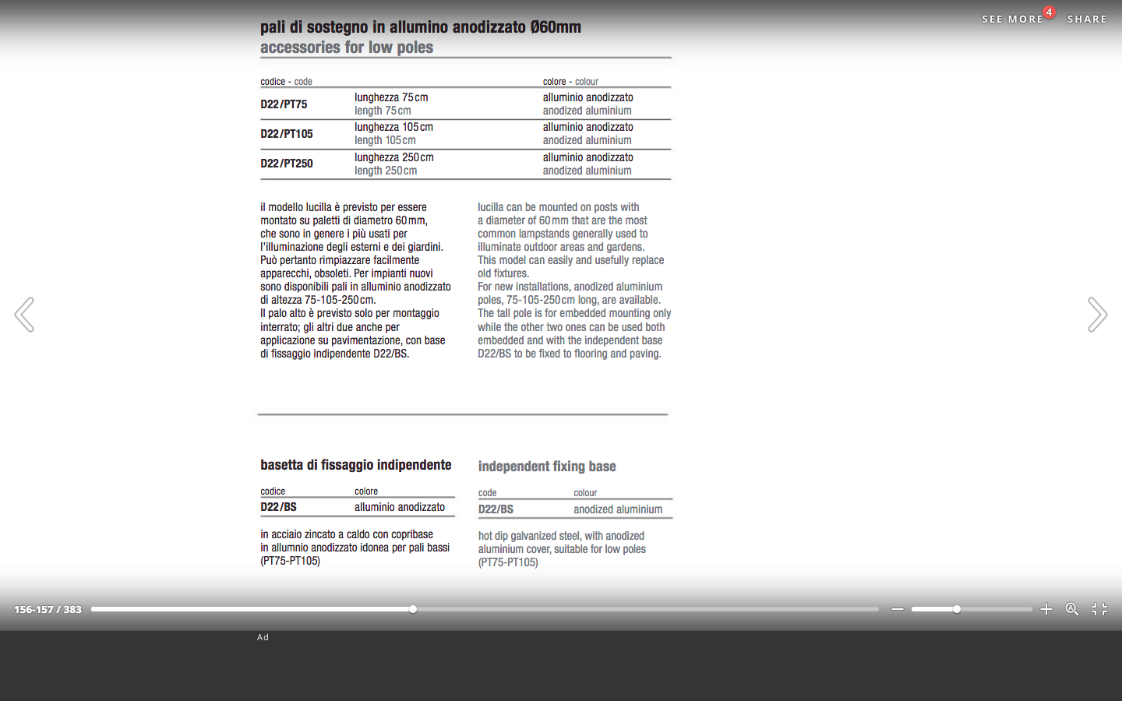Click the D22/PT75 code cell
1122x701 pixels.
(x=284, y=104)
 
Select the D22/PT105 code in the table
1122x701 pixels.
(x=287, y=134)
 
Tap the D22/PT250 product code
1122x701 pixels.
(x=287, y=164)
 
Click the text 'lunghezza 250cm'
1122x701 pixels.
(x=393, y=157)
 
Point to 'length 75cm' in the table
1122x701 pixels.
(x=383, y=111)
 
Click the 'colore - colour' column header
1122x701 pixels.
(x=570, y=82)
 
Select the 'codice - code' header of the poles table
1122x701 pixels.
(x=286, y=82)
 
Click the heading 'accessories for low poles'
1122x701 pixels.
(x=347, y=48)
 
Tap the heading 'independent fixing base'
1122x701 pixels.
(x=547, y=467)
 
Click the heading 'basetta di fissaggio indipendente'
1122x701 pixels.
(x=356, y=465)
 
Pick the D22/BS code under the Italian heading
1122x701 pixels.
(x=278, y=507)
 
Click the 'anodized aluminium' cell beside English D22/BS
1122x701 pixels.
(x=618, y=509)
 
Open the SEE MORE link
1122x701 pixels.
(x=1012, y=19)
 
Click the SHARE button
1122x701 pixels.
(x=1087, y=19)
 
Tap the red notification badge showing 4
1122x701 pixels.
(x=1050, y=12)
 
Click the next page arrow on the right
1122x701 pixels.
(x=1097, y=315)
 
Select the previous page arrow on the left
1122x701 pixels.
(x=24, y=315)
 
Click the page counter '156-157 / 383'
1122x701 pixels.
(x=48, y=609)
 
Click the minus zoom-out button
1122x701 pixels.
(x=898, y=609)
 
